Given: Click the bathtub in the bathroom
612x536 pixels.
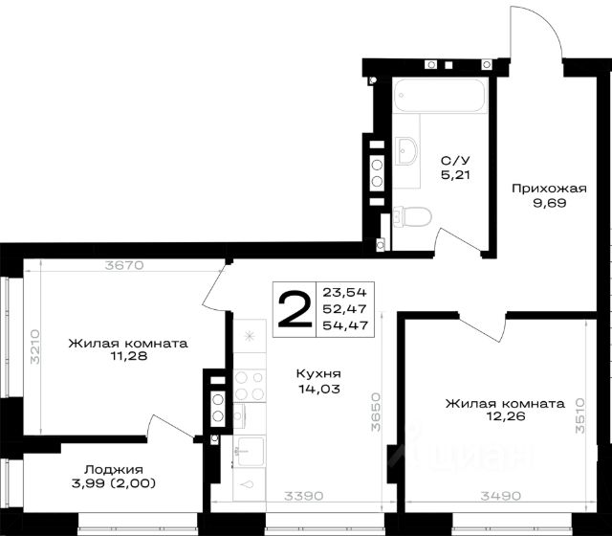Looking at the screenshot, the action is pos(440,96).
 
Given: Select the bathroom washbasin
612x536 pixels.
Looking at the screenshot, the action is pos(406,151).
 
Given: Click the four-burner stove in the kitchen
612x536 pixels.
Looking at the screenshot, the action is pos(250,386).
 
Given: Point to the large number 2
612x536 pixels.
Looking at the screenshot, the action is pos(295,309).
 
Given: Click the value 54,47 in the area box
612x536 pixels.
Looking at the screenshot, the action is pos(345,325).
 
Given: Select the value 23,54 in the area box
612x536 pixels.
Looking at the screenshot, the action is pos(344,292).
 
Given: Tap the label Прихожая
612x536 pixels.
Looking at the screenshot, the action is pos(549,189).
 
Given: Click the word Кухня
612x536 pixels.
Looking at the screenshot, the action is pos(318,373).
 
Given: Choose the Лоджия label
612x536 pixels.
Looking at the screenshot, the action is pos(114,469).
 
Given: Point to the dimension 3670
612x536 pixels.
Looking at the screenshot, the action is pos(124,265).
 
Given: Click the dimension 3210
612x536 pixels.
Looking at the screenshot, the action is pos(35,346).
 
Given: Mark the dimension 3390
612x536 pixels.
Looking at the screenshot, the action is pos(304,496).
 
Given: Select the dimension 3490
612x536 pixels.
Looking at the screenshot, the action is pos(501,496).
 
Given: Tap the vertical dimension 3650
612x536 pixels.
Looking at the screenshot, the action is pos(375,412).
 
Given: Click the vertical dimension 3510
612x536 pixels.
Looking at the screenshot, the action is pos(580,415).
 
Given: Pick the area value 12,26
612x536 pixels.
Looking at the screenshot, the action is pos(506,416).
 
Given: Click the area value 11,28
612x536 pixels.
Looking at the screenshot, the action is pos(129,356).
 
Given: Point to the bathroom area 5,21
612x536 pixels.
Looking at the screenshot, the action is pos(455,174).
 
